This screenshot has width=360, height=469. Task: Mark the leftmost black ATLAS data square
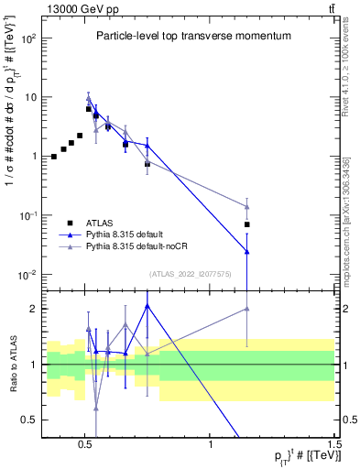54,157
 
